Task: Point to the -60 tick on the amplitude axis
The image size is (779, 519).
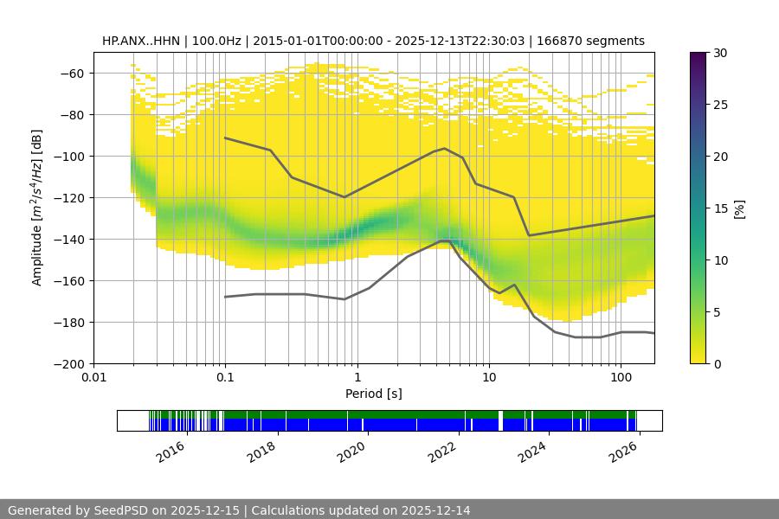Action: pyautogui.click(x=73, y=74)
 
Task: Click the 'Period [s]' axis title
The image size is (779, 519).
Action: pyautogui.click(x=374, y=394)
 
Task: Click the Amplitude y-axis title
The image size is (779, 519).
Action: pyautogui.click(x=37, y=208)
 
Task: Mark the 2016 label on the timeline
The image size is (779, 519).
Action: pyautogui.click(x=172, y=448)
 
